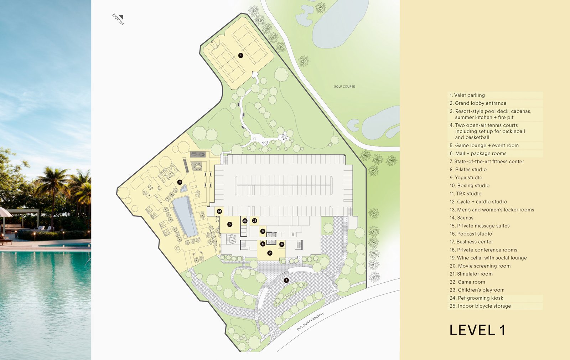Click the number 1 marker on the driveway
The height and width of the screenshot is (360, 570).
pyautogui.click(x=286, y=280)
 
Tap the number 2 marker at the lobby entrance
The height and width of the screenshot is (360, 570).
pyautogui.click(x=270, y=253)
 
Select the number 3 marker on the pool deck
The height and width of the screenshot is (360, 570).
pyautogui.click(x=180, y=182)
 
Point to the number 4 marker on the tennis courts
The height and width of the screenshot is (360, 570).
pyautogui.click(x=241, y=55)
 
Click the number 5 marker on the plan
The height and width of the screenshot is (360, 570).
pyautogui.click(x=230, y=224)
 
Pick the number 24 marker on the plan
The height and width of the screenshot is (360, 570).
pyautogui.click(x=219, y=211)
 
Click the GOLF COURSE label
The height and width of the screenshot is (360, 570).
pyautogui.click(x=344, y=87)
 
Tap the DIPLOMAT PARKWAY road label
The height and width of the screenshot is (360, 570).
pyautogui.click(x=310, y=322)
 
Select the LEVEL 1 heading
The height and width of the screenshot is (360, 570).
pyautogui.click(x=477, y=330)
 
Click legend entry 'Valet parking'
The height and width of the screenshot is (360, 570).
pyautogui.click(x=467, y=95)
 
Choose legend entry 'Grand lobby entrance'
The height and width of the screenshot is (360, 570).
pyautogui.click(x=478, y=103)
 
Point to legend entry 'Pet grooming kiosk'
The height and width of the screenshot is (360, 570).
pyautogui.click(x=476, y=298)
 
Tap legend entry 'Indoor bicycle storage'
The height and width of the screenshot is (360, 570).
pyautogui.click(x=480, y=306)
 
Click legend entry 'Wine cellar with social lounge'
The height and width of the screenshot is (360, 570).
pyautogui.click(x=488, y=258)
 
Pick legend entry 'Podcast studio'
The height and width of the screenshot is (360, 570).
pyautogui.click(x=471, y=234)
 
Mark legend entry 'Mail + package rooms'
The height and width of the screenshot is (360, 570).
pyautogui.click(x=478, y=154)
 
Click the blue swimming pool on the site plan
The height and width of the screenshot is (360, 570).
pyautogui.click(x=185, y=216)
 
